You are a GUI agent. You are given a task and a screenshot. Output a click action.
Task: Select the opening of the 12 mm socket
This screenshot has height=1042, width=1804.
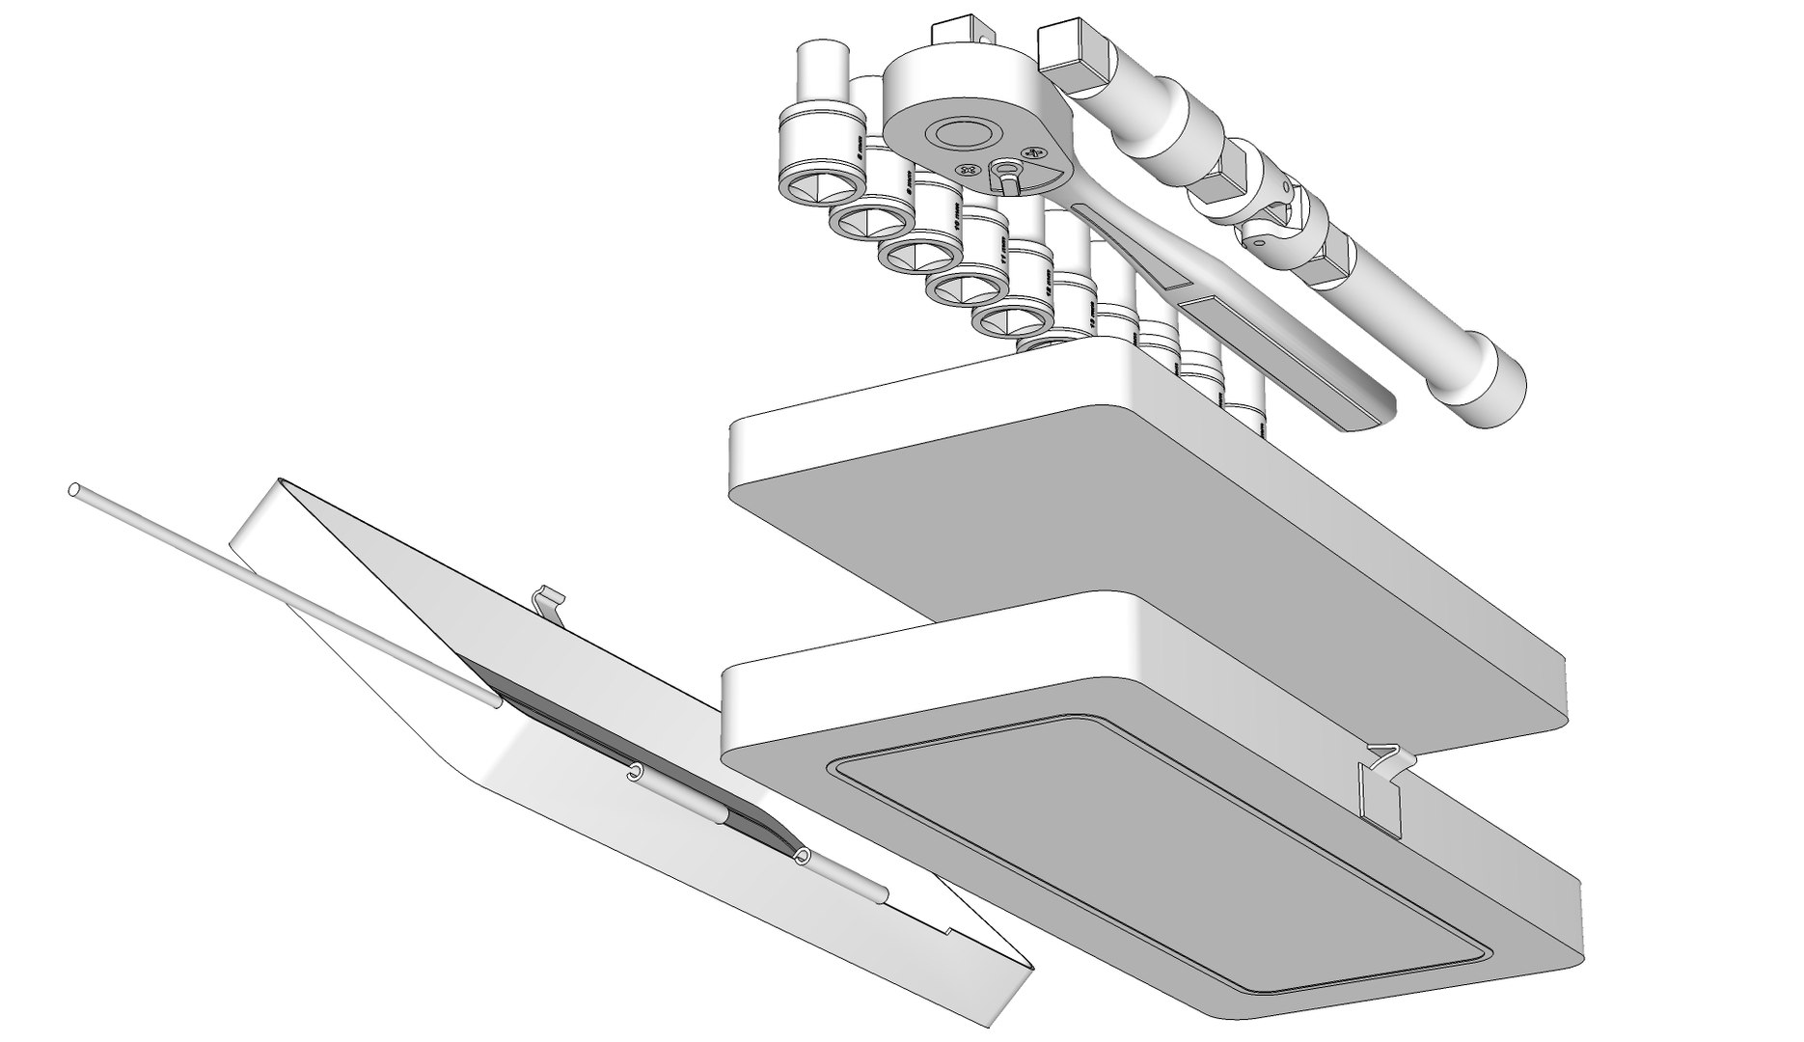click(1008, 320)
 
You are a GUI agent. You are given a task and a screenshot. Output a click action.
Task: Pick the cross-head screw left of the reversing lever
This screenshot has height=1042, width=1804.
click(969, 171)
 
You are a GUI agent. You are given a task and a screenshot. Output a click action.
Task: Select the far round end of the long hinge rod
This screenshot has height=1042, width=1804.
click(74, 491)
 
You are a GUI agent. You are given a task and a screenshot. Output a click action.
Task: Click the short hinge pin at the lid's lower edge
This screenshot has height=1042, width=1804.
click(839, 874)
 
